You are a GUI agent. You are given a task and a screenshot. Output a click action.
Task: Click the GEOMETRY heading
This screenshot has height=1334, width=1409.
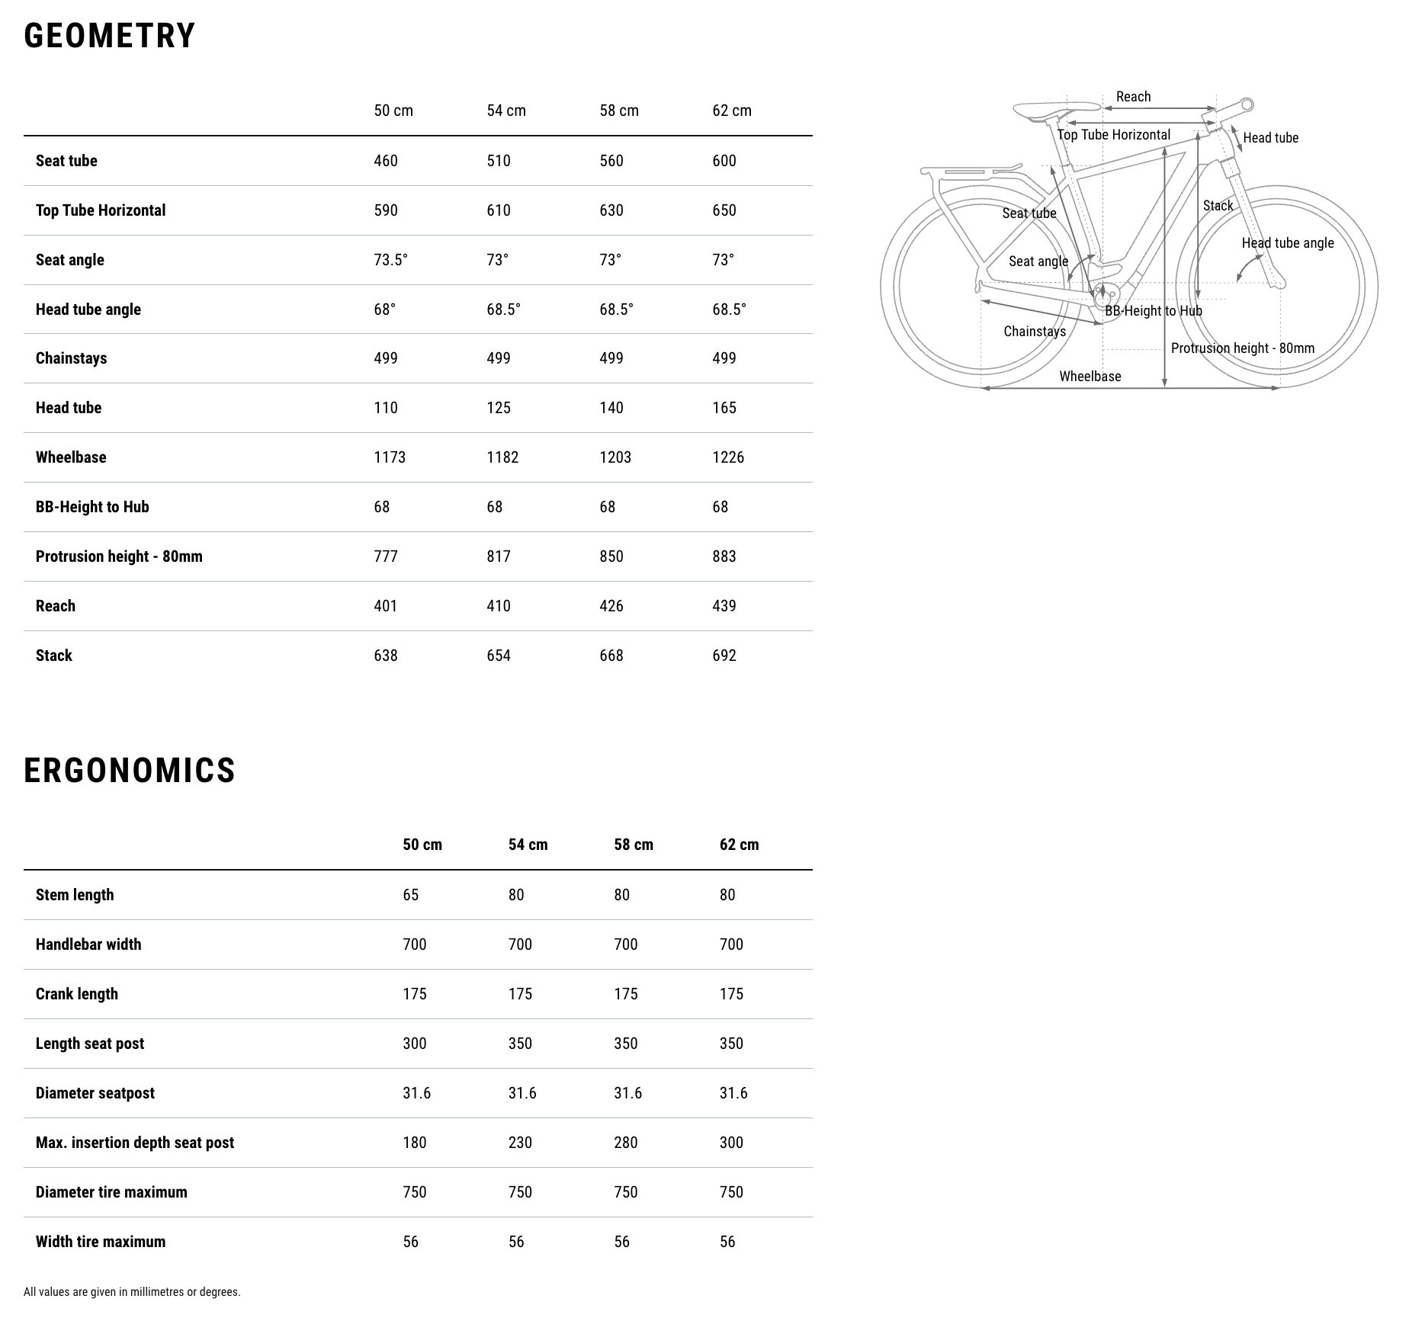click(110, 36)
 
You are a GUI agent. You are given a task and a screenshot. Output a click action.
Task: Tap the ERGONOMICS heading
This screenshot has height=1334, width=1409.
click(130, 770)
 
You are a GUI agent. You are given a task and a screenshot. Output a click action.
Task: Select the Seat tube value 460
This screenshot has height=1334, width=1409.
click(386, 161)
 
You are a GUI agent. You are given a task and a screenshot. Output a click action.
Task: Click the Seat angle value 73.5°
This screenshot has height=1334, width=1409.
click(390, 260)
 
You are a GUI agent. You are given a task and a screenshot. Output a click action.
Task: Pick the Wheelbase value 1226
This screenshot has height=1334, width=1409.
click(728, 457)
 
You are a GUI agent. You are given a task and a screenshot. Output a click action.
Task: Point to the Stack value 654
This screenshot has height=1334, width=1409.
click(499, 656)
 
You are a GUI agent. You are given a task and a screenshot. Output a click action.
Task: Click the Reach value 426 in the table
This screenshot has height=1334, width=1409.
click(611, 606)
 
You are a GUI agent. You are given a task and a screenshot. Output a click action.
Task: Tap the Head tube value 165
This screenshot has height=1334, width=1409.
click(724, 408)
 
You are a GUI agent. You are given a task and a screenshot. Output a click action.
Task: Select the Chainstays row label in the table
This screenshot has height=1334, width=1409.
click(71, 358)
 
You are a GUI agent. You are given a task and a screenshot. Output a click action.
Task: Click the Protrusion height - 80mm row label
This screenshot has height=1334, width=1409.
click(119, 556)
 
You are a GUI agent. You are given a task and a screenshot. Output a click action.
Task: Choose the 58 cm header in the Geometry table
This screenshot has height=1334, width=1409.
click(619, 111)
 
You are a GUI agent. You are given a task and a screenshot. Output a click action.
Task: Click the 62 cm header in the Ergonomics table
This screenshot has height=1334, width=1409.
click(739, 845)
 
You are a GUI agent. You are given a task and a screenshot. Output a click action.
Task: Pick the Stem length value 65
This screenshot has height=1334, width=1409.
click(411, 895)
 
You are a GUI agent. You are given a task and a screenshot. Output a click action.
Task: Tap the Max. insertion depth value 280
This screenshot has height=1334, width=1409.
click(625, 1143)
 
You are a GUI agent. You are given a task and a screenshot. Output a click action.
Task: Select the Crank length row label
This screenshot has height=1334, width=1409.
click(77, 994)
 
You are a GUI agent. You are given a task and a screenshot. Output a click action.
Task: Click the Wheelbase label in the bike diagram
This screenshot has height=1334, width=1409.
click(1090, 377)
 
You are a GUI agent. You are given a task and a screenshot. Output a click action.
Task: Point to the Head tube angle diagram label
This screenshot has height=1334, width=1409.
click(1287, 243)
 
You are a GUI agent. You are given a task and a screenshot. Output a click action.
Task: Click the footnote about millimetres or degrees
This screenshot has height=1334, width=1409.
click(132, 1291)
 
